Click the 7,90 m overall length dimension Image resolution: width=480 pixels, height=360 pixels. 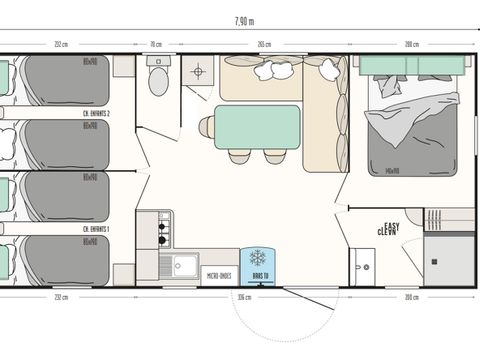(243, 20)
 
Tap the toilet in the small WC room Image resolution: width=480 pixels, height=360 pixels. (158, 78)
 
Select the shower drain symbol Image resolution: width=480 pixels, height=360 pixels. (197, 71)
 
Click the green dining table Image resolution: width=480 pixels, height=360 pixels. (257, 127)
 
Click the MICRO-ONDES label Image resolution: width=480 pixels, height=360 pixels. (218, 274)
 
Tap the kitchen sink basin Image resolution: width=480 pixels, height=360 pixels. (183, 266)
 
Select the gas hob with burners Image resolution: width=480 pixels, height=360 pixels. (160, 230)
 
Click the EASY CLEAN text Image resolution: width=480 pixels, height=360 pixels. (389, 229)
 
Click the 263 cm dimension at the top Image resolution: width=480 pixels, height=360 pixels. (263, 44)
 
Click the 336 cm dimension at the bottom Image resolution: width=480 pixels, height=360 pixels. (244, 297)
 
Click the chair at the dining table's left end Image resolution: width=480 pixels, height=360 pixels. (206, 127)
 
